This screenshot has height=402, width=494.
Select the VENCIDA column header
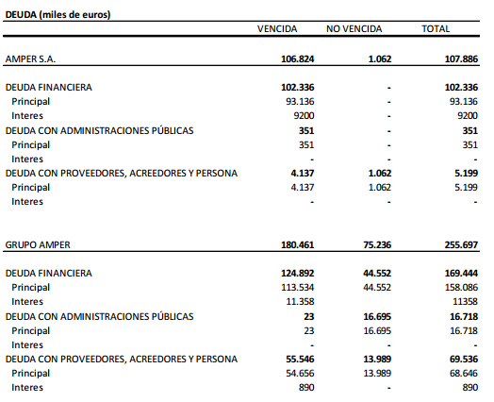tap(276, 30)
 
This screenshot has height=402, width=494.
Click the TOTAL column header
tap(436, 30)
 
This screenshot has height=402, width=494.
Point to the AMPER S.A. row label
tap(31, 59)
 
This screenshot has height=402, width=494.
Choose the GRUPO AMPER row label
tap(38, 245)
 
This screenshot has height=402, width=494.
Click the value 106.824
tap(297, 59)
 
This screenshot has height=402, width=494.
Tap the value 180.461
tap(297, 245)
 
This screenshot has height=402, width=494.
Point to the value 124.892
tap(297, 274)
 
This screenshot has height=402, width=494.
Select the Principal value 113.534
tap(297, 288)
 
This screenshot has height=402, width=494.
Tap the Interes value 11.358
tap(299, 302)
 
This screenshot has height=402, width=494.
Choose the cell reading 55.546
tap(299, 360)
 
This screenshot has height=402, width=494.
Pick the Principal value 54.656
tap(299, 374)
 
